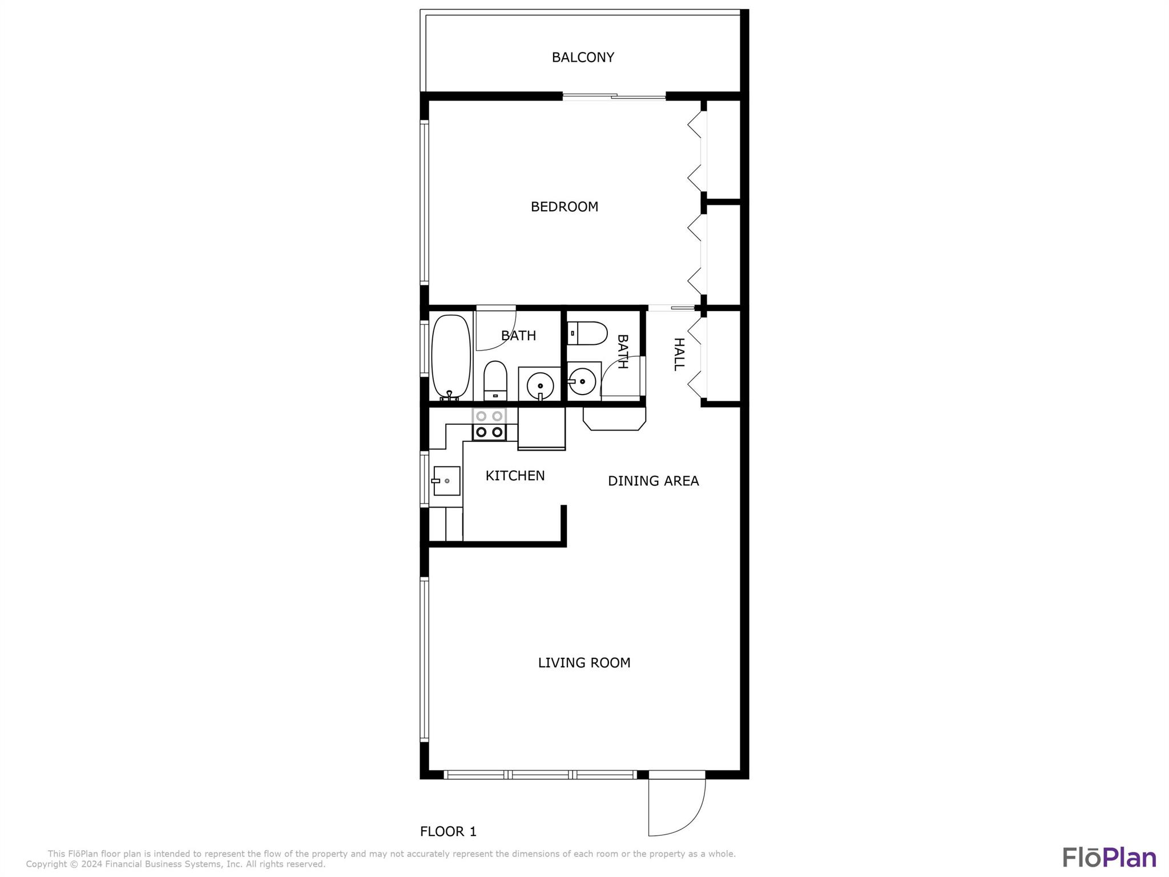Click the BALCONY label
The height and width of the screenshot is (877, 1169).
pos(583,57)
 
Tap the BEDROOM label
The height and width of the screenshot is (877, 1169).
pos(565,207)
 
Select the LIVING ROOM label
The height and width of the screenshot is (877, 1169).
pos(584,662)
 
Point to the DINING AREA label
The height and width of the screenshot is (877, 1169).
pos(653,481)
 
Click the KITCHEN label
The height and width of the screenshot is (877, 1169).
pos(515,476)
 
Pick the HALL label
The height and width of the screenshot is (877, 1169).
pos(679,354)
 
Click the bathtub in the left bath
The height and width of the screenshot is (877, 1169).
pos(451,357)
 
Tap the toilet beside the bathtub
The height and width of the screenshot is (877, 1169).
pos(495,380)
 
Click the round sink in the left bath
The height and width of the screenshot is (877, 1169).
pos(539,387)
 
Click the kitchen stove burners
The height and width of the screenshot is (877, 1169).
pos(489,424)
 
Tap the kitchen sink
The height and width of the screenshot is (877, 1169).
pos(446,481)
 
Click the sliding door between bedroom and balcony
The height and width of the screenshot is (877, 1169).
pos(614,96)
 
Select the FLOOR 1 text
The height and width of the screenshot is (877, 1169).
pos(448,831)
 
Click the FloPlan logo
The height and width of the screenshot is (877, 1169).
pos(1109,857)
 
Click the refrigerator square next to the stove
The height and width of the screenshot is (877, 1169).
pos(541,428)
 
